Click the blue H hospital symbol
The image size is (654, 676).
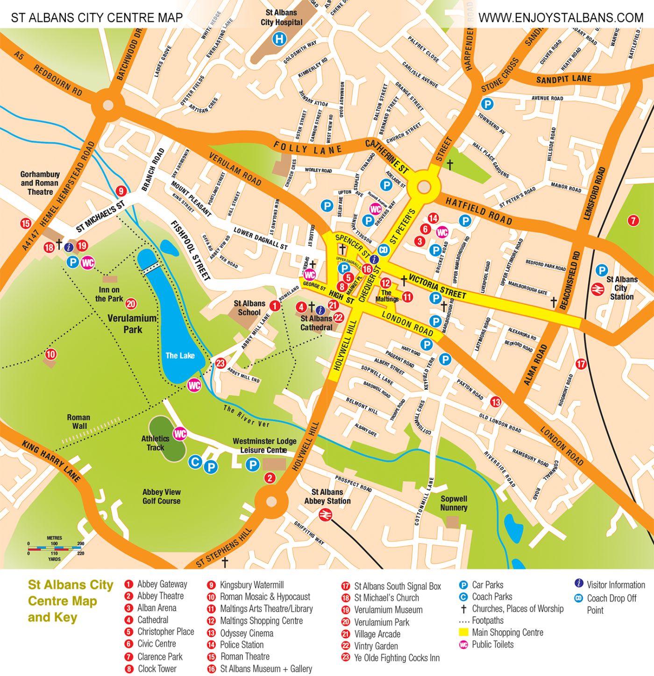[x=279, y=39]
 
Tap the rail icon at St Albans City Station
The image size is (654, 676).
[x=597, y=289]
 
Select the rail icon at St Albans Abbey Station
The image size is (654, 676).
[x=325, y=515]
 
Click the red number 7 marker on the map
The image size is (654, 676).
[x=633, y=220]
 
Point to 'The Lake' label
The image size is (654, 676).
[x=180, y=356]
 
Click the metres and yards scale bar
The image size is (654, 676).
[x=55, y=549]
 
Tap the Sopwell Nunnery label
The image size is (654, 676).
[x=453, y=503]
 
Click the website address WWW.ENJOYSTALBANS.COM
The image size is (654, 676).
[x=561, y=18]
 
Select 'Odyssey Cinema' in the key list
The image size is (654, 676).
[x=247, y=633]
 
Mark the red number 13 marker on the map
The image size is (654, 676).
[x=496, y=402]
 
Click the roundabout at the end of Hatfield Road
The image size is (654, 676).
[x=423, y=187]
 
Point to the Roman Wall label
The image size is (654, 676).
[x=78, y=422]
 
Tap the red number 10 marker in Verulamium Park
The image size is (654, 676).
[x=50, y=354]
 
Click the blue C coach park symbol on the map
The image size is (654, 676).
[x=195, y=463]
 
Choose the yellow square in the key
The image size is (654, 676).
[x=464, y=633]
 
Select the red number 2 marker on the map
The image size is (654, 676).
[x=270, y=478]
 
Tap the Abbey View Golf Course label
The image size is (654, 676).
[x=161, y=496]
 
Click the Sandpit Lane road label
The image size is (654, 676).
[x=563, y=79]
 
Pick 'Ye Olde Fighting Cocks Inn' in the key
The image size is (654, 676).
[x=397, y=658]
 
